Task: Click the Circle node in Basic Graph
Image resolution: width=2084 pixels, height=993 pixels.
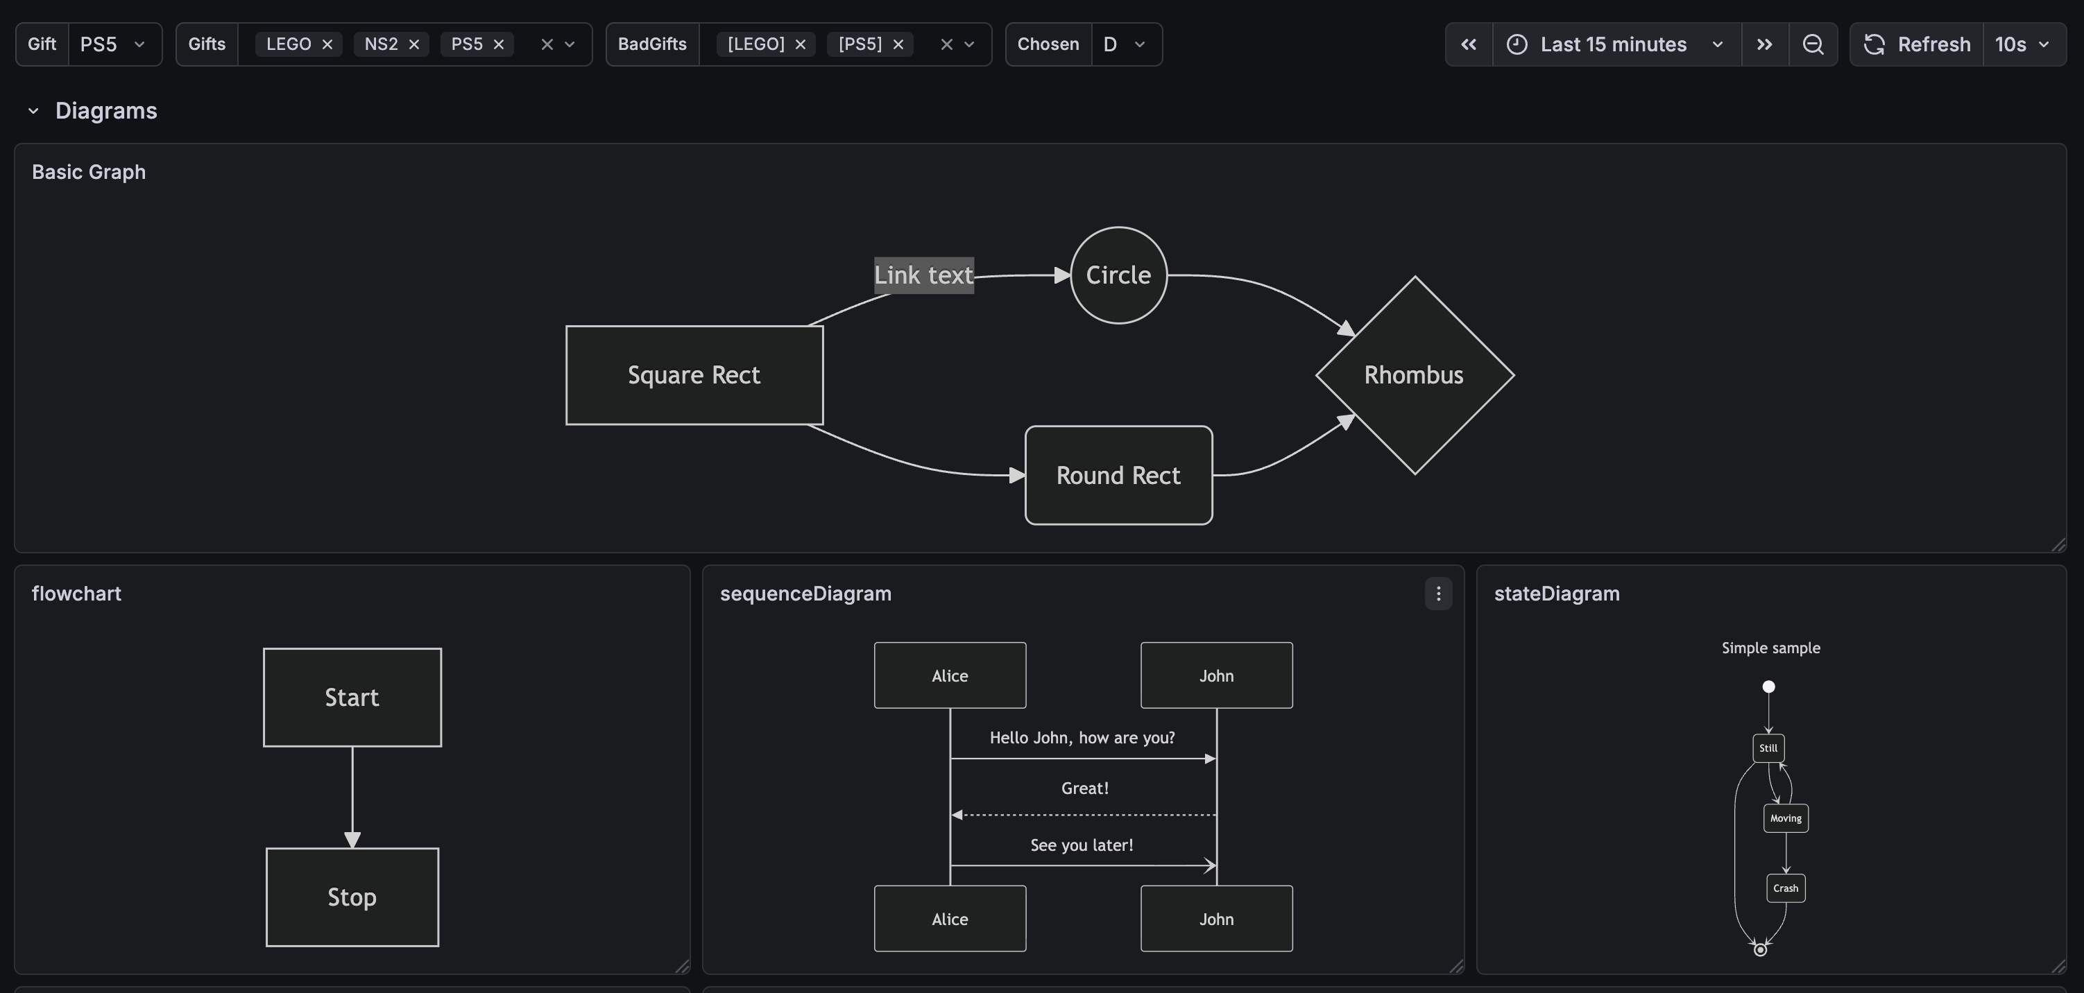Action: [x=1118, y=275]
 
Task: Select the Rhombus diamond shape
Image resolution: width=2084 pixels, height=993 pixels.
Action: [x=1413, y=375]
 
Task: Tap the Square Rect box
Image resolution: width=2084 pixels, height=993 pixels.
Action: [x=694, y=375]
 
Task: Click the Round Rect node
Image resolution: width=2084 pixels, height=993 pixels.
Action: [x=1118, y=476]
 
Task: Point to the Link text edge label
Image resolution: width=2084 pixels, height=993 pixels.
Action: [x=923, y=275]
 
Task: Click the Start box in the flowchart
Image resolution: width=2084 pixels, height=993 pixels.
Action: [x=352, y=697]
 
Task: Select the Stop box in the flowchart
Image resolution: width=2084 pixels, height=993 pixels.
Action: [x=352, y=897]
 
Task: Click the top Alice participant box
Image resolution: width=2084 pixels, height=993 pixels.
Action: [x=950, y=675]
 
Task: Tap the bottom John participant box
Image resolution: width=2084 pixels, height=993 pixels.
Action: [x=1216, y=919]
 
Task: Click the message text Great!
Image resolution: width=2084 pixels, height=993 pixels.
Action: [x=1084, y=788]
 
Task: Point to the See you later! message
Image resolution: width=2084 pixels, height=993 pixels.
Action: [x=1082, y=845]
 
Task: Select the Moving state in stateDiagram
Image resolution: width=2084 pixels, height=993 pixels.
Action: [x=1786, y=818]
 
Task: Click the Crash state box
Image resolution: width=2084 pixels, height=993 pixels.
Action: [x=1786, y=888]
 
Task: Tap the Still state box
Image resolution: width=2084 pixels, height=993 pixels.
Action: [x=1768, y=748]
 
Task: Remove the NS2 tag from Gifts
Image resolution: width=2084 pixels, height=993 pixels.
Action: [x=414, y=44]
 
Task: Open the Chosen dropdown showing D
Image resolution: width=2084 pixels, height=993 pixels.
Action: [x=1125, y=44]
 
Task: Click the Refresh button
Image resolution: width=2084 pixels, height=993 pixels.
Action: [x=1918, y=44]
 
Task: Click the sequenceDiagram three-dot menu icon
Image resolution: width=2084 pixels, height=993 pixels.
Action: [x=1437, y=594]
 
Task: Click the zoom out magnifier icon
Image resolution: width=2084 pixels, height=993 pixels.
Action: [x=1813, y=44]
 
